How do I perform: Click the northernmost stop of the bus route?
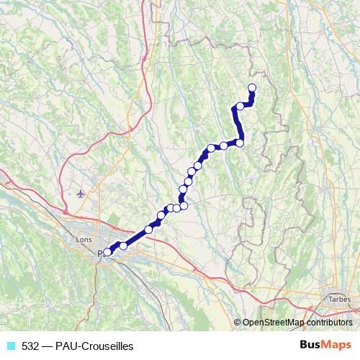coord(252,88)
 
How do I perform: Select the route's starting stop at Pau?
coord(107,252)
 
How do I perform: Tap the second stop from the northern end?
coord(240,107)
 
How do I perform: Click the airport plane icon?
coord(80,193)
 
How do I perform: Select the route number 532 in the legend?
coord(30,346)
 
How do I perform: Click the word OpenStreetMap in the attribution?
coord(273,322)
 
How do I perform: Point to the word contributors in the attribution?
coord(329,322)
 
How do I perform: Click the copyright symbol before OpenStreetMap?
coord(238,322)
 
